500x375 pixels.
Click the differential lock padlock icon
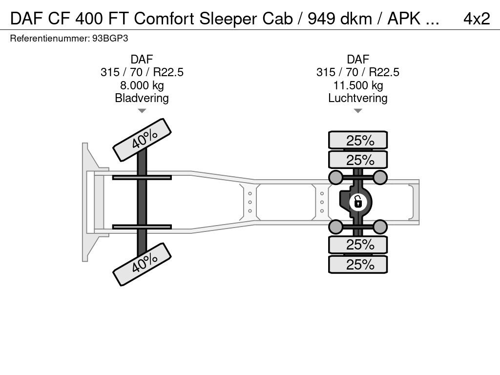point(358,202)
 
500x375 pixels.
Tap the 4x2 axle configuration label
point(477,19)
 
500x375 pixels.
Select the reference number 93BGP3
point(110,39)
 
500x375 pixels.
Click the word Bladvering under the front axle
point(142,98)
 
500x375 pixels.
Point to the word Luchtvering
point(358,98)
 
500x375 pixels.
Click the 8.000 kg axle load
point(142,85)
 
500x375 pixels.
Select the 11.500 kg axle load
point(358,85)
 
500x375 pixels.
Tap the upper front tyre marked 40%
point(142,140)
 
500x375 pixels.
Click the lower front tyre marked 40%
point(142,264)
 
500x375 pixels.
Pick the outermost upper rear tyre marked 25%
point(358,140)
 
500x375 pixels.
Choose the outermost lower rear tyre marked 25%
point(358,264)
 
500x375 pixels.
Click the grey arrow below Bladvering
point(142,111)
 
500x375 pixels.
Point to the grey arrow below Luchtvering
point(358,111)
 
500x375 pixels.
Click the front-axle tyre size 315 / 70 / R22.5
point(142,72)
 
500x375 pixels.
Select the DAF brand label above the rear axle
point(358,59)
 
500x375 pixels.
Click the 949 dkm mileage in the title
point(340,19)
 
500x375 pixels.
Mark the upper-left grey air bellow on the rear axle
point(335,177)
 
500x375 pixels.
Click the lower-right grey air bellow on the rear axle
point(380,227)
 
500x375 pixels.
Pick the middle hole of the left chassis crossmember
point(250,202)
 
